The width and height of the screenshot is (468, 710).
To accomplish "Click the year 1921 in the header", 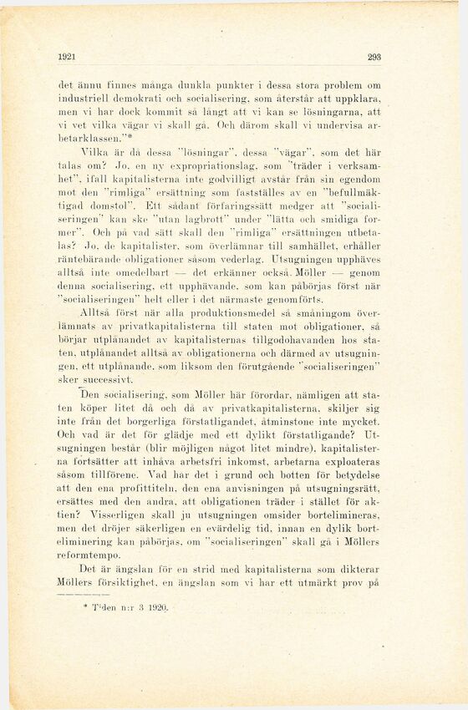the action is click(68, 58).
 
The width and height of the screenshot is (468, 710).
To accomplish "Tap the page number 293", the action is click(374, 58).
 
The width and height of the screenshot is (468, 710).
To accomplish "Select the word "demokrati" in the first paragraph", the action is click(128, 98).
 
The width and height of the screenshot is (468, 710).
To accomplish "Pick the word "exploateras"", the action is click(348, 460).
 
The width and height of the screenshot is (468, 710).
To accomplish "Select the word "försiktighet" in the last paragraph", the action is click(132, 583).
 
